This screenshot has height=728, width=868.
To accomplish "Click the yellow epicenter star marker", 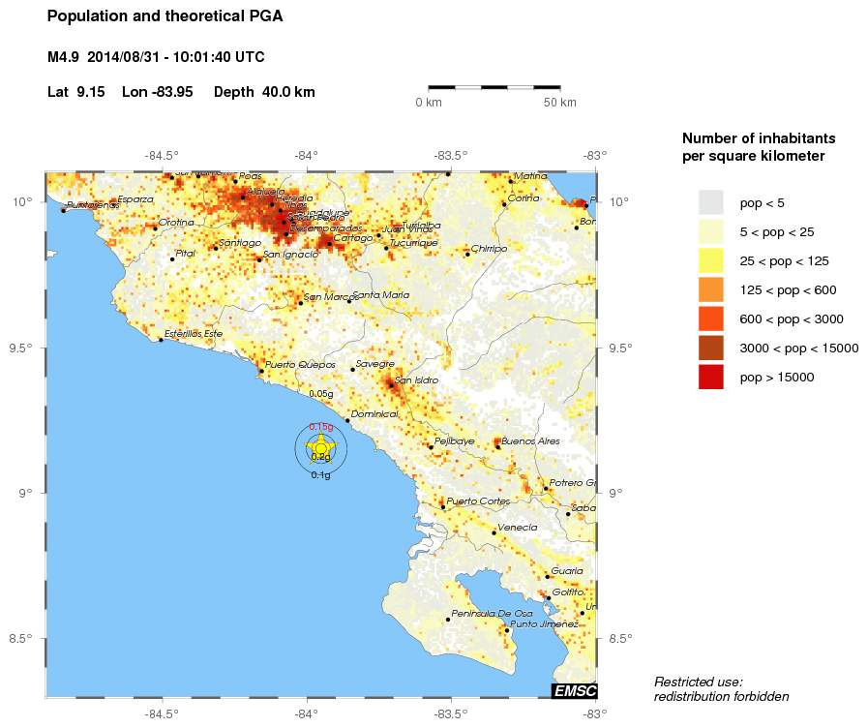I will pyautogui.click(x=321, y=447).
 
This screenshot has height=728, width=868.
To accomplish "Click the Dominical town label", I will pyautogui.click(x=374, y=413).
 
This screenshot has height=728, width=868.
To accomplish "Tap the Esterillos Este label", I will pyautogui.click(x=194, y=333).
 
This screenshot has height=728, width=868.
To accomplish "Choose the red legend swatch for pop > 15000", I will pyautogui.click(x=711, y=377).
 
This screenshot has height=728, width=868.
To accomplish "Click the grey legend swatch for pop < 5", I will pyautogui.click(x=711, y=202).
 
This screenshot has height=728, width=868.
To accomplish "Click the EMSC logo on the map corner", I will pyautogui.click(x=574, y=690).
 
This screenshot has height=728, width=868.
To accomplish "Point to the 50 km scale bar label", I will pyautogui.click(x=559, y=103).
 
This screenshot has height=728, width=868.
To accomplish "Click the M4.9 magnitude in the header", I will pyautogui.click(x=63, y=57).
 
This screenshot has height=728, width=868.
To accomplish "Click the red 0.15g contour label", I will pyautogui.click(x=320, y=427).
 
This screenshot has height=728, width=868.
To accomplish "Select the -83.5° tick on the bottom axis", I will pyautogui.click(x=451, y=713).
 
